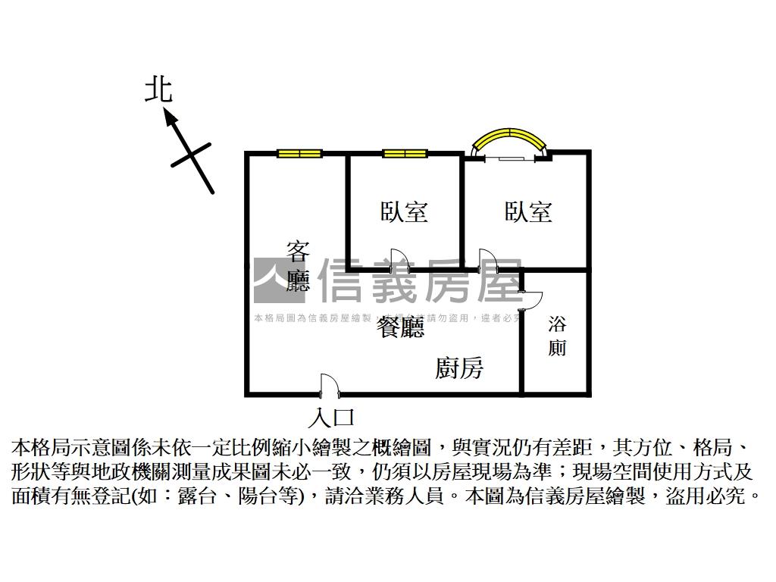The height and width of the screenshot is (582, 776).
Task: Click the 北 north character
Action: coord(159,89)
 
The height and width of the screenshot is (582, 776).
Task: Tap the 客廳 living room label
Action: coord(299,265)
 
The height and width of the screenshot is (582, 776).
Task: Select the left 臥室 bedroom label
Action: coord(404,211)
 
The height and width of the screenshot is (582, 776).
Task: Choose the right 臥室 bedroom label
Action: coord(528,211)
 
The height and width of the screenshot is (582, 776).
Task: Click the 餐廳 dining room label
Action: coord(402,327)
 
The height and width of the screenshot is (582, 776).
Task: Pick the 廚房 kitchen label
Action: coord(459,368)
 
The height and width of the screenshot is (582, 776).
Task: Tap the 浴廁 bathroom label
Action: coord(557,336)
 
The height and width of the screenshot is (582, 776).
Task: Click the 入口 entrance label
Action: coord(332,418)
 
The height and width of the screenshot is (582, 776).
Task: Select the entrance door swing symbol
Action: coord(329,385)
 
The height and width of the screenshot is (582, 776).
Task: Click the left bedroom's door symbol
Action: coord(399,260)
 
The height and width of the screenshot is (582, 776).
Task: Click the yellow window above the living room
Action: coord(299,154)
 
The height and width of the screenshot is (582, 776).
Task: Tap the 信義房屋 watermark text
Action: coord(421,280)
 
